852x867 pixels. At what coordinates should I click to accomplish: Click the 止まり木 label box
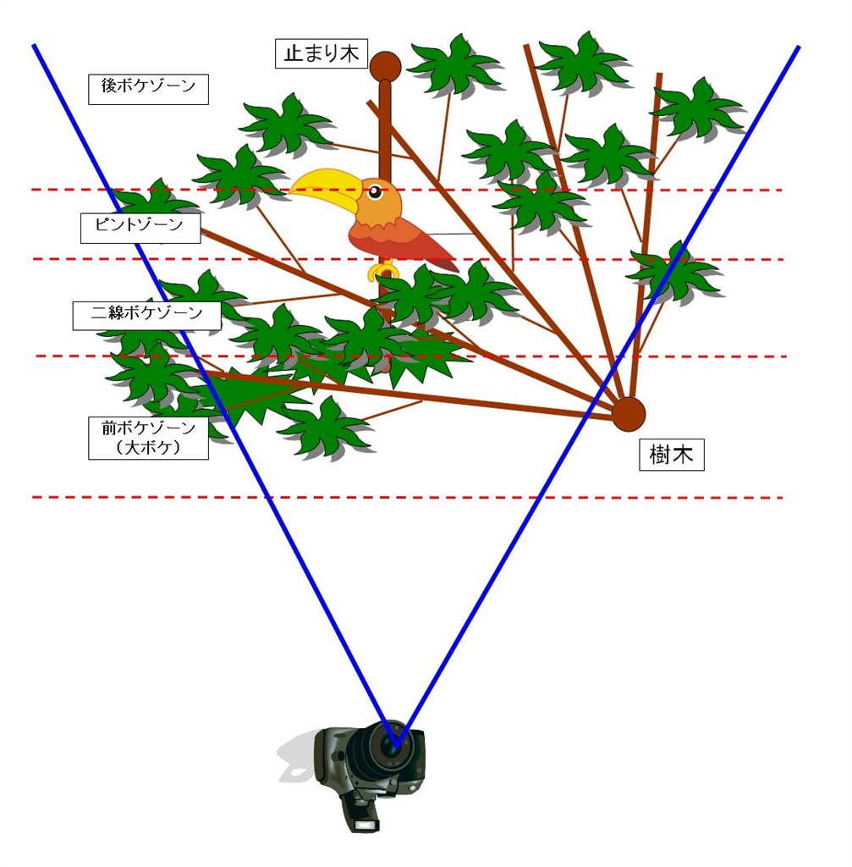click(x=321, y=52)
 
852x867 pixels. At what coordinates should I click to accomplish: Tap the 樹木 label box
click(x=671, y=456)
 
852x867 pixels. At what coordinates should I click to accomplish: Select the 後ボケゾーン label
click(x=148, y=87)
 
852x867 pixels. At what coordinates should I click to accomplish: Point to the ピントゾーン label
click(x=140, y=228)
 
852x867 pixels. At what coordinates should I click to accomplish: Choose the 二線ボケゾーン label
click(x=146, y=314)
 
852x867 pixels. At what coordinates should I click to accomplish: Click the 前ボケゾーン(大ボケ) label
click(x=148, y=438)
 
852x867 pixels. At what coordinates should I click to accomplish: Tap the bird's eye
click(x=373, y=191)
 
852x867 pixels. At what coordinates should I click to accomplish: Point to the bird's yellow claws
click(x=384, y=271)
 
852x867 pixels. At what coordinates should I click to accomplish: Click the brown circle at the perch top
click(x=385, y=65)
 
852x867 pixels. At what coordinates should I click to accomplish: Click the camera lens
click(x=390, y=744)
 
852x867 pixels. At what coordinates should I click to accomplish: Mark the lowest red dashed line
click(x=406, y=497)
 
